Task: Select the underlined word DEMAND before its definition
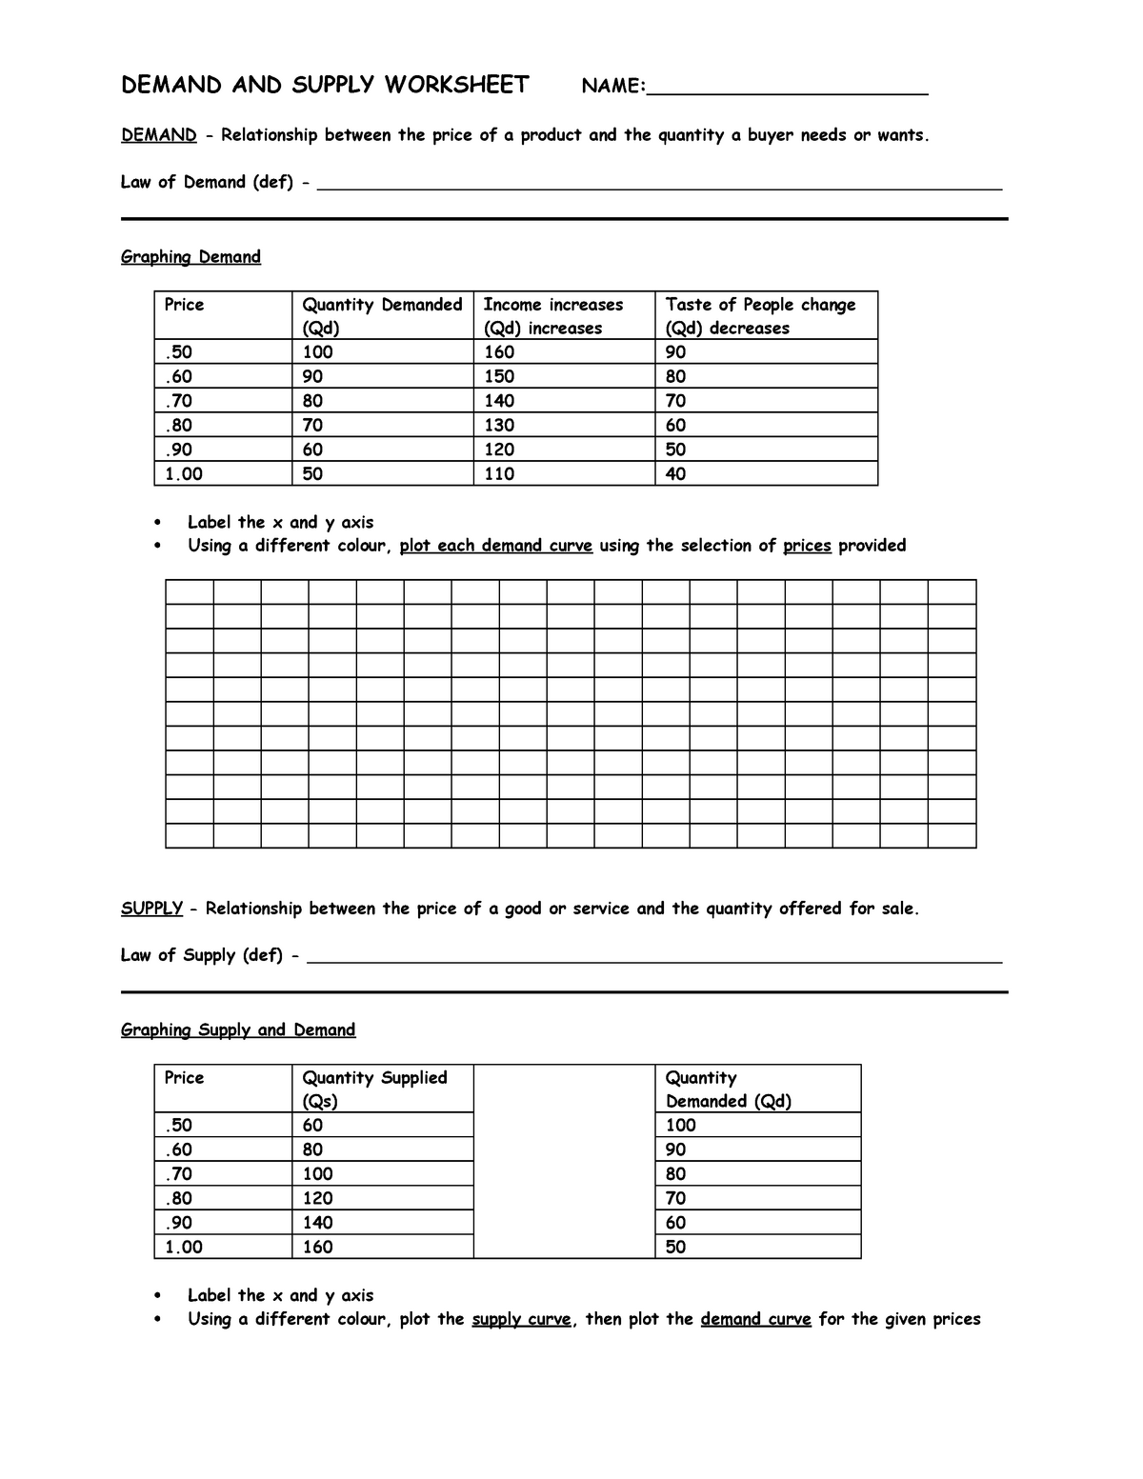[158, 135]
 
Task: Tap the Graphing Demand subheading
[190, 257]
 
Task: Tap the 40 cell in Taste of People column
[675, 473]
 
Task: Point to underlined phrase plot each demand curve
[495, 546]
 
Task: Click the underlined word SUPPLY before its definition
[151, 909]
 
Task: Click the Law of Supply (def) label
[201, 955]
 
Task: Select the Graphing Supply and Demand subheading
[238, 1030]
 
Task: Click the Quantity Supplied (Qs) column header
[374, 1089]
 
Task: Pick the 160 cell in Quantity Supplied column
[317, 1247]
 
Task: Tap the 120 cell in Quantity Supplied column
[317, 1198]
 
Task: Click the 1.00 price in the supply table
[183, 1247]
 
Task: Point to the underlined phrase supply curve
[521, 1319]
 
